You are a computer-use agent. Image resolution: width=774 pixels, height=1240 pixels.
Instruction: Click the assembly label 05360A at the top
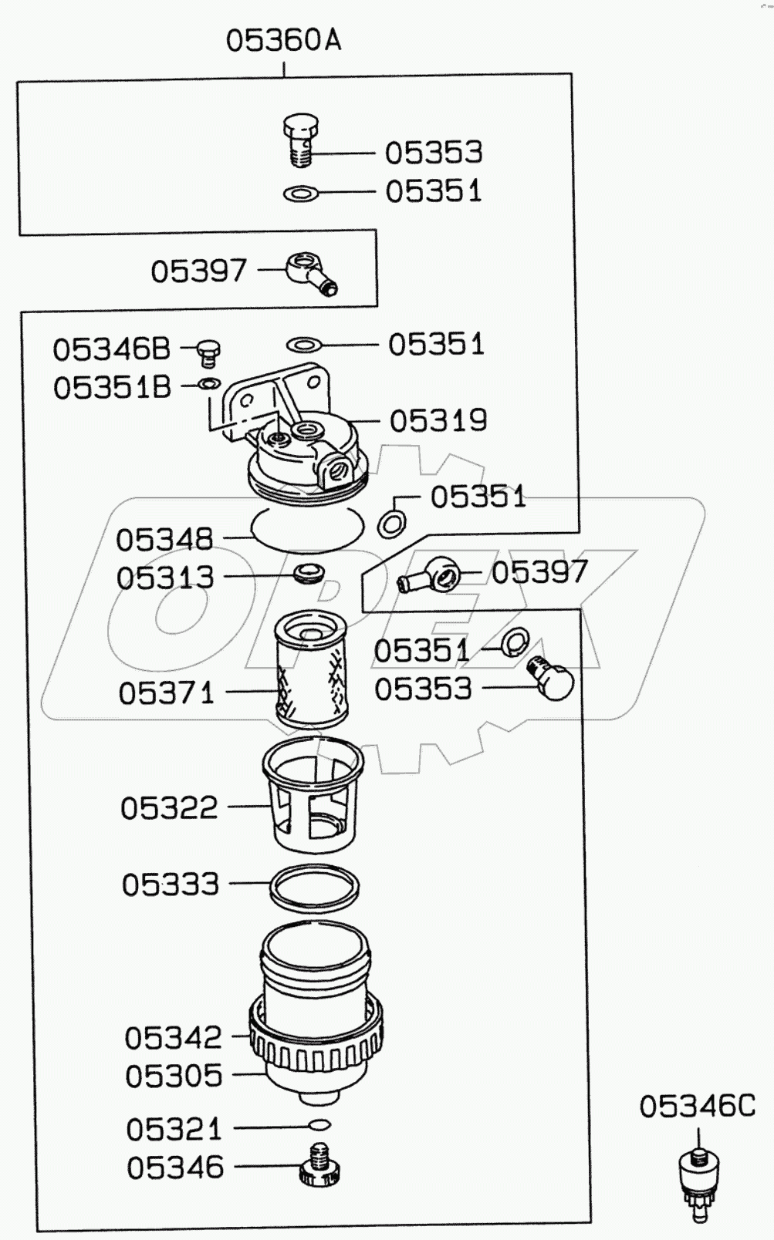(283, 40)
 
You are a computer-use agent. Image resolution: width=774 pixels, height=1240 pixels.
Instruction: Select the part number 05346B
(111, 349)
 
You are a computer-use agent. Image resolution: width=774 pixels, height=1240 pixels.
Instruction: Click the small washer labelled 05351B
(209, 383)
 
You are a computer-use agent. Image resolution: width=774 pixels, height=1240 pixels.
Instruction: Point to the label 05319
(438, 421)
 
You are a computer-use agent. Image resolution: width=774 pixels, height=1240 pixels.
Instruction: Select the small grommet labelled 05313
(309, 573)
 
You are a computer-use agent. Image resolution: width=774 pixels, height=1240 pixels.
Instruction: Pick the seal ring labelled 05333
(314, 885)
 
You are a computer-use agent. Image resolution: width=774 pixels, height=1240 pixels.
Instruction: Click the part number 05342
(173, 1038)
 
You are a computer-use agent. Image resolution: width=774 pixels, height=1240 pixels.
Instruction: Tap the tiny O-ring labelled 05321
(319, 1124)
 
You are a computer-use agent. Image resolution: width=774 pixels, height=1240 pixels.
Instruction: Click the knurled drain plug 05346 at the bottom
(319, 1167)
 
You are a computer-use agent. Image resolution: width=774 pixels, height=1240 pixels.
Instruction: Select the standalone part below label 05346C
(699, 1181)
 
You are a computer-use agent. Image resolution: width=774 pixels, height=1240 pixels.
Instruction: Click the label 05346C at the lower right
(697, 1107)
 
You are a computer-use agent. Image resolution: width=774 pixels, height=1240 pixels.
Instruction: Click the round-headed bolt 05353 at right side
(552, 678)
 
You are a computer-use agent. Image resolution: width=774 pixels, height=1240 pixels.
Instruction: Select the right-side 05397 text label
(539, 572)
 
